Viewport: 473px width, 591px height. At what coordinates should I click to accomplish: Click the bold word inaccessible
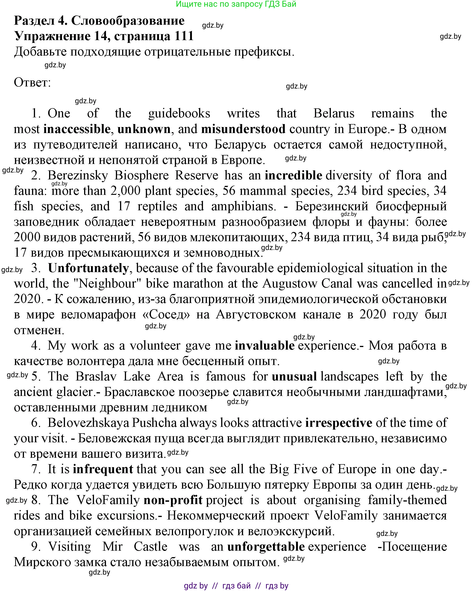tap(77, 129)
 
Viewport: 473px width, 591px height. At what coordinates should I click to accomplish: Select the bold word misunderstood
tap(243, 129)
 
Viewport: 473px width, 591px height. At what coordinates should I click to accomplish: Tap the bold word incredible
tap(293, 175)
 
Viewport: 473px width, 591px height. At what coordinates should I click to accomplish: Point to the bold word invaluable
tap(264, 346)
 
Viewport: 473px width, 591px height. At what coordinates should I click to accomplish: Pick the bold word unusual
tap(294, 377)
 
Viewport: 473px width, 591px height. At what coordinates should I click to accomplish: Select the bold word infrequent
tap(103, 469)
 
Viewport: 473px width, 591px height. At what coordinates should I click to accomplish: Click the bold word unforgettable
tap(266, 546)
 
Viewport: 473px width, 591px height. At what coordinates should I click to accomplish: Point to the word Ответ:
tap(32, 83)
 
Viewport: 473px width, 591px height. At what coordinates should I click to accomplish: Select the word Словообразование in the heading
tap(128, 21)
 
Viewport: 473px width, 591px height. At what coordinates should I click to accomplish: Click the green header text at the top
tap(236, 4)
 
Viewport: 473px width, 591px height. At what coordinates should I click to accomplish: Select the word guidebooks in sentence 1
tap(179, 113)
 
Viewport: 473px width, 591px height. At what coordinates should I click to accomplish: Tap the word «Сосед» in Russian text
tap(166, 315)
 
